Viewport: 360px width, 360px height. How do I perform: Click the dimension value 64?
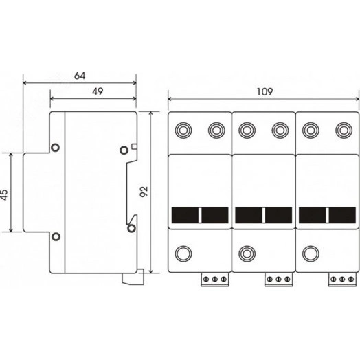click(x=80, y=76)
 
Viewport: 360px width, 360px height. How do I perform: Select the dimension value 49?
click(x=98, y=91)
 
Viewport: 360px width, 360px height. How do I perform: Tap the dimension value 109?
click(x=265, y=92)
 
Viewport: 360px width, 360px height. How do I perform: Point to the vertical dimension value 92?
click(x=144, y=192)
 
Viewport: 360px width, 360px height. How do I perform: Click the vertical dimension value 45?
click(x=5, y=195)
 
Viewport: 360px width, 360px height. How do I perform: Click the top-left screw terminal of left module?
click(x=183, y=131)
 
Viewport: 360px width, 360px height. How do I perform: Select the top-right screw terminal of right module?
click(x=344, y=131)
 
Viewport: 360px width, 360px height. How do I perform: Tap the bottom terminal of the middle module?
click(x=247, y=254)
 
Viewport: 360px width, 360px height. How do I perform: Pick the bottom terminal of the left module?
click(x=183, y=254)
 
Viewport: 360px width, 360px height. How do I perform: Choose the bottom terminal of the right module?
click(x=311, y=254)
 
